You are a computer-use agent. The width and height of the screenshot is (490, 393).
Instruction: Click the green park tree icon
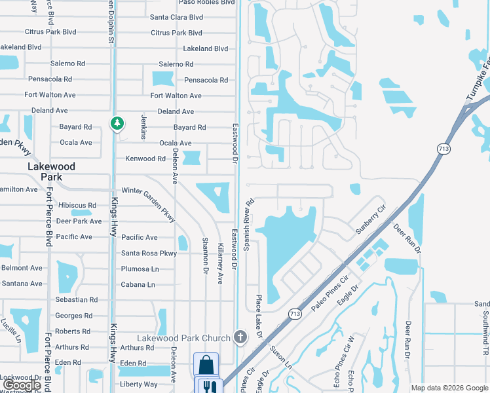point(117,123)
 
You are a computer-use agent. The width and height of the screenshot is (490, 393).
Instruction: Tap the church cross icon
point(240,338)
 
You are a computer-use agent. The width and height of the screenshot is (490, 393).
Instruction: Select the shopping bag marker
point(206,364)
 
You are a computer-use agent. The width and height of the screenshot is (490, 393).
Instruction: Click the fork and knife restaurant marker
point(210,387)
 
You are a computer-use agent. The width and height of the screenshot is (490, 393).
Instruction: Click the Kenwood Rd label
point(145,159)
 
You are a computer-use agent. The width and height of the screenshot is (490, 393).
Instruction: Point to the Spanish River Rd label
point(249,225)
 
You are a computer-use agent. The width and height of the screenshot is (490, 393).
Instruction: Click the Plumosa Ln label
point(140,269)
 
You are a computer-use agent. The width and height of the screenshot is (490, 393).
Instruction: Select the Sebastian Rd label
point(76,300)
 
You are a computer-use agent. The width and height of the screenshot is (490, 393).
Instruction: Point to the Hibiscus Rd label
point(77,206)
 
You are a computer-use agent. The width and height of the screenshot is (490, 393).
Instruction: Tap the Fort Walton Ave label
point(176,96)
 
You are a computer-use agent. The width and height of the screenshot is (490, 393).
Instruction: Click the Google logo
point(22,386)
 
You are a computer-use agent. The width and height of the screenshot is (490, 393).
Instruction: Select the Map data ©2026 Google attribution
point(449,388)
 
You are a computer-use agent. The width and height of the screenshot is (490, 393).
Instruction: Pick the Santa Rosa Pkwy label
point(149,253)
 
